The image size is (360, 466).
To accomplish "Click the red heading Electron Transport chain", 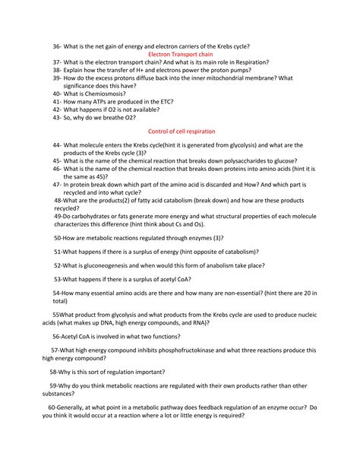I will (179, 55).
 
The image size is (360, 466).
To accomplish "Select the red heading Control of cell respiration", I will (180, 132).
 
